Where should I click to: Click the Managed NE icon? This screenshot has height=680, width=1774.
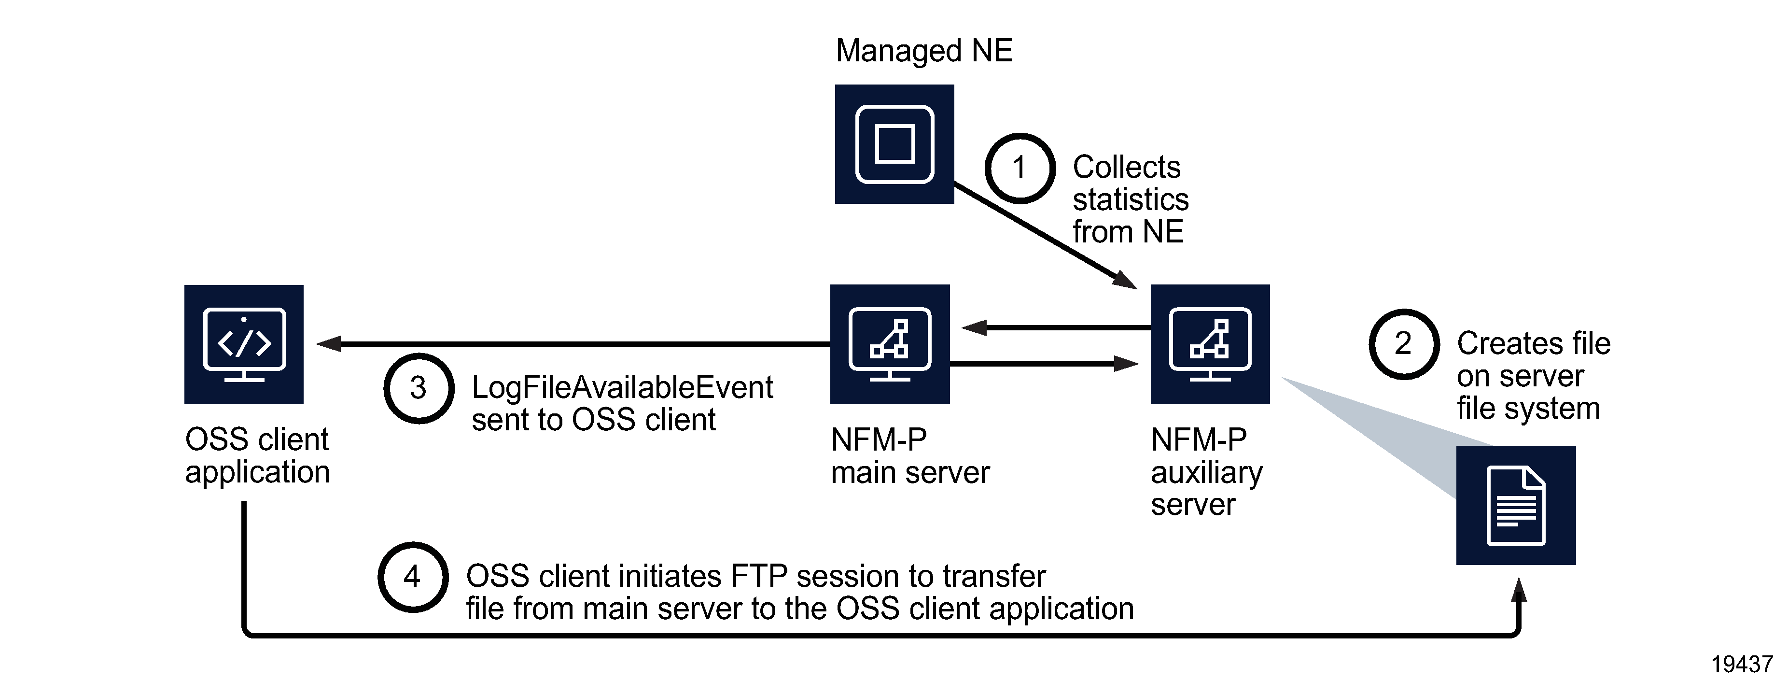tap(894, 144)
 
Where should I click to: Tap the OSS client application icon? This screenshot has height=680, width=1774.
tap(244, 344)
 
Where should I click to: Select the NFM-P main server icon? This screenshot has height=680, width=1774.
tap(890, 344)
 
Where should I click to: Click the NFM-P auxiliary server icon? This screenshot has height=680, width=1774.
tap(1210, 344)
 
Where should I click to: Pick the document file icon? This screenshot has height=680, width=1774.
tap(1516, 505)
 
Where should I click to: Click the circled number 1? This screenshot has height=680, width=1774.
tap(1020, 168)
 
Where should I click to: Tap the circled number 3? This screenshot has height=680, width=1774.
tap(418, 388)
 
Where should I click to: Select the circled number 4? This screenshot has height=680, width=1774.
tap(413, 577)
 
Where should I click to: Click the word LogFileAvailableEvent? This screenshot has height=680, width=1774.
tap(622, 388)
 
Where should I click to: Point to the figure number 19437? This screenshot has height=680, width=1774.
tap(1741, 664)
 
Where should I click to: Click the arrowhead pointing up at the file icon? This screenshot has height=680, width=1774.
tap(1519, 591)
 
